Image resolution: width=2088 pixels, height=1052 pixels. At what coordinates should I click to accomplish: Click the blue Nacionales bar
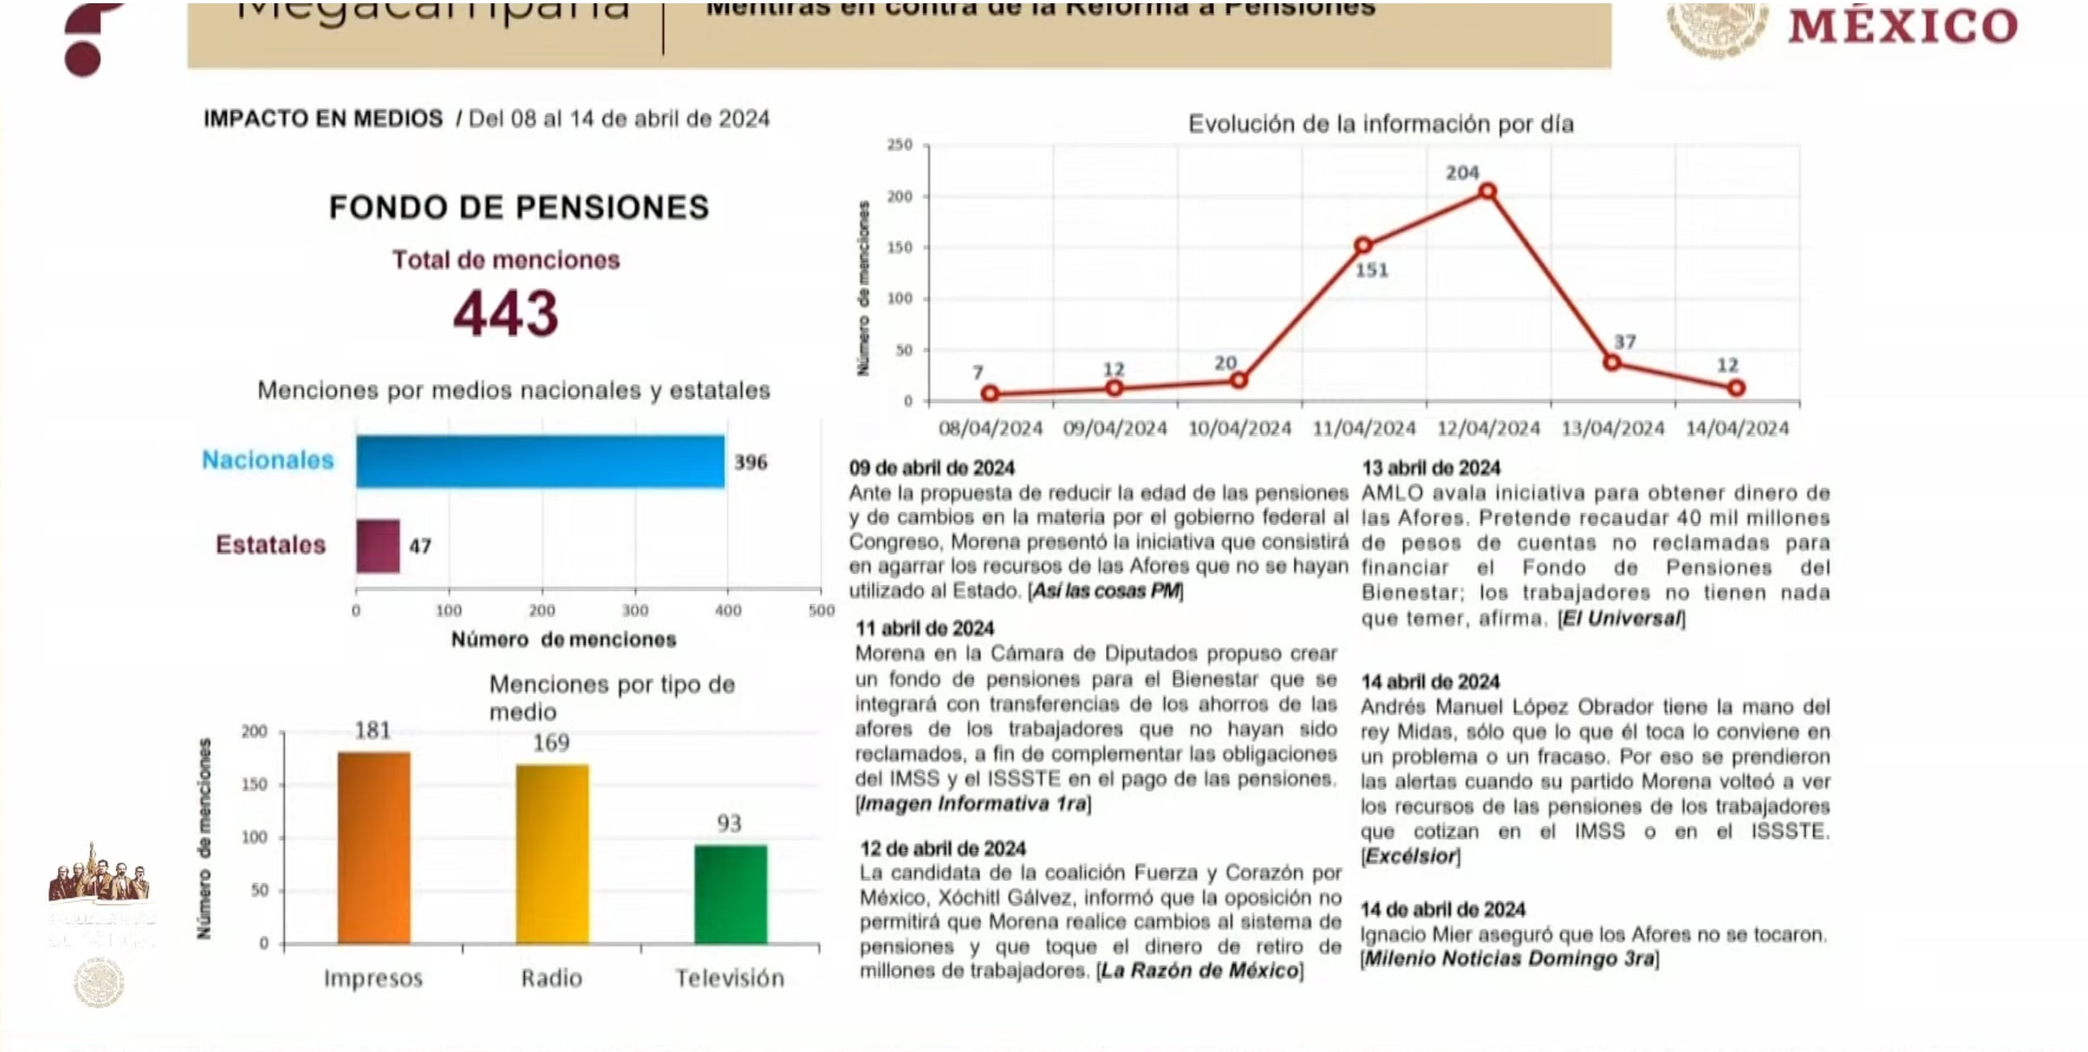(x=540, y=461)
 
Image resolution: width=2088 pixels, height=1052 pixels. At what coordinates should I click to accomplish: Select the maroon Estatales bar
(x=378, y=545)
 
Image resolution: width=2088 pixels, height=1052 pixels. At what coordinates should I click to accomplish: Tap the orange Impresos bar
(x=374, y=847)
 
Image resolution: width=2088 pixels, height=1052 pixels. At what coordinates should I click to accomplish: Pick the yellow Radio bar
(x=552, y=854)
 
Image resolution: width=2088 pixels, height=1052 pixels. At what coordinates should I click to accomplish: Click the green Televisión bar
(x=730, y=894)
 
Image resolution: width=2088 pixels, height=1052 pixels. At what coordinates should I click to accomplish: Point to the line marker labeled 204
(x=1488, y=191)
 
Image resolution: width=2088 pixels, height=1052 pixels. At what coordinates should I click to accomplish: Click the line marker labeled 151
(x=1363, y=244)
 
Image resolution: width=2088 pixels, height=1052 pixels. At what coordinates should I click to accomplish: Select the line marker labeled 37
(x=1612, y=362)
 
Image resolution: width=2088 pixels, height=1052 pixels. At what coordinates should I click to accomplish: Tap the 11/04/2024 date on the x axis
(x=1364, y=428)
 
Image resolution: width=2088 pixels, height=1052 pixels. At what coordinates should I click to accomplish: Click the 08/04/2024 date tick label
(x=991, y=428)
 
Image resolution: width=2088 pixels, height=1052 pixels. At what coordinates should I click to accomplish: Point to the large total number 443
(x=506, y=314)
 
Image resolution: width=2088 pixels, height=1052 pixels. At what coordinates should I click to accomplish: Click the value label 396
(x=750, y=463)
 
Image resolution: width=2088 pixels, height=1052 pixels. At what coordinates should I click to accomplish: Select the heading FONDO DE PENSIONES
(x=519, y=207)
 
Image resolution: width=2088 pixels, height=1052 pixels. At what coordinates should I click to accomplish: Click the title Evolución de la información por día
(x=1380, y=124)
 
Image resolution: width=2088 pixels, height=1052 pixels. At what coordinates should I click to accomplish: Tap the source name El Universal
(x=1621, y=619)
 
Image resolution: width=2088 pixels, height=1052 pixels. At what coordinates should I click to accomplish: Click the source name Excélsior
(x=1411, y=856)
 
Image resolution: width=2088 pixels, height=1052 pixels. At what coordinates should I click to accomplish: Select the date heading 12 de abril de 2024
(x=942, y=849)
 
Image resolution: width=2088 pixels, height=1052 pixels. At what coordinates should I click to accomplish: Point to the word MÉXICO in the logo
(x=1902, y=27)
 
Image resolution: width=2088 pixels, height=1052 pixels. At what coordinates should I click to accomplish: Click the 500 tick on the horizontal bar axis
(x=821, y=611)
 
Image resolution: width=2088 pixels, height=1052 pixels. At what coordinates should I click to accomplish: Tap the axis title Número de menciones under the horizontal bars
(x=563, y=640)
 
